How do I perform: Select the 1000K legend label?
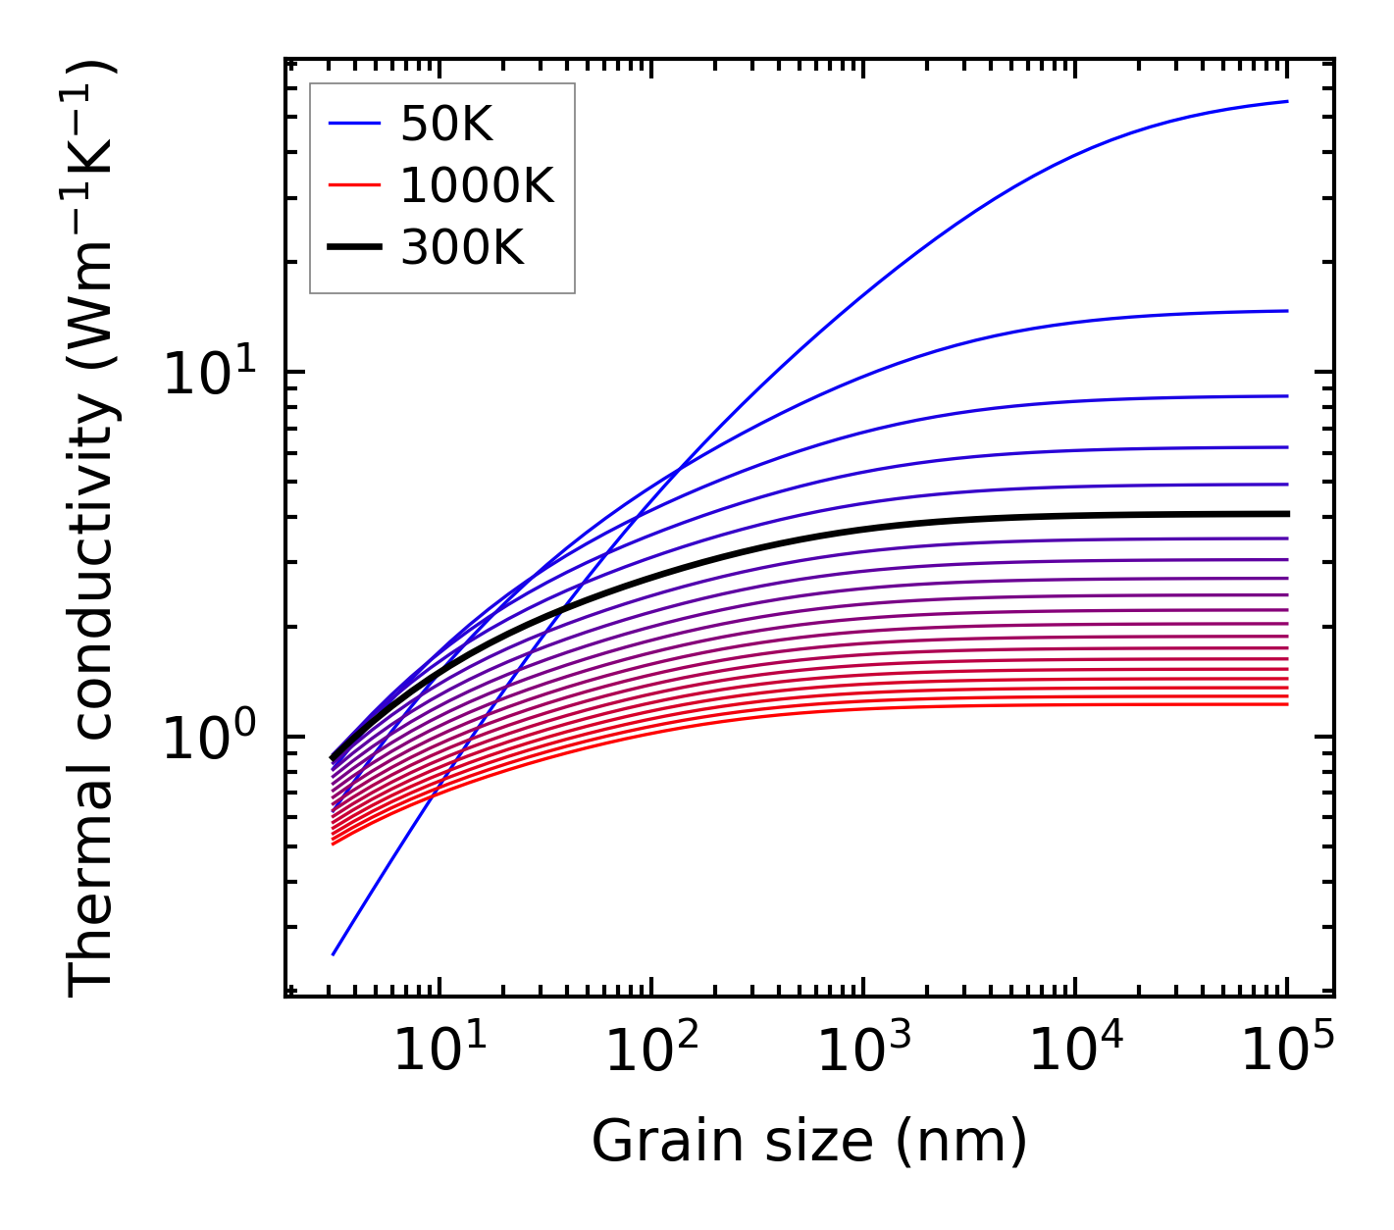click(x=477, y=185)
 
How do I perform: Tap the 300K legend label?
click(x=462, y=248)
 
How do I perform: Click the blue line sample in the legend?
click(x=353, y=124)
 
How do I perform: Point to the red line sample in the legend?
click(x=353, y=185)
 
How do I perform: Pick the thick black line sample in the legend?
click(x=353, y=248)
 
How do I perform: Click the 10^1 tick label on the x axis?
click(x=439, y=1052)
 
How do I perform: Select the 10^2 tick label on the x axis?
click(x=651, y=1052)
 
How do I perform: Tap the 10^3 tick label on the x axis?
click(x=863, y=1052)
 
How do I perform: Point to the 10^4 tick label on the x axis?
click(x=1075, y=1052)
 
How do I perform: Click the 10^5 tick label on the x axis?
click(x=1287, y=1052)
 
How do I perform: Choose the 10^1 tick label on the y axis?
click(x=209, y=375)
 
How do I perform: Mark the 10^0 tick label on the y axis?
click(x=209, y=739)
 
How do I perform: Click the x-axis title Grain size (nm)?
click(x=809, y=1142)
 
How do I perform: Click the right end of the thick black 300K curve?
click(x=1286, y=513)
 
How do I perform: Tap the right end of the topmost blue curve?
click(x=1286, y=101)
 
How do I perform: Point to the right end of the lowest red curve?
click(x=1286, y=704)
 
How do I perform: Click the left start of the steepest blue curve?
click(x=334, y=953)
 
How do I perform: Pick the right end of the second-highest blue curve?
click(x=1286, y=311)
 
